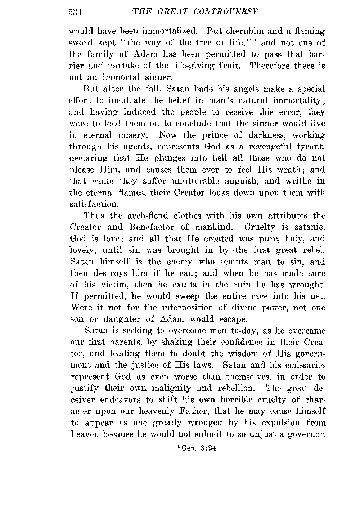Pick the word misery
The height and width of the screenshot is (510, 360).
(133, 135)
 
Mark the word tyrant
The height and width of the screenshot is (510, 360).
(310, 147)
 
